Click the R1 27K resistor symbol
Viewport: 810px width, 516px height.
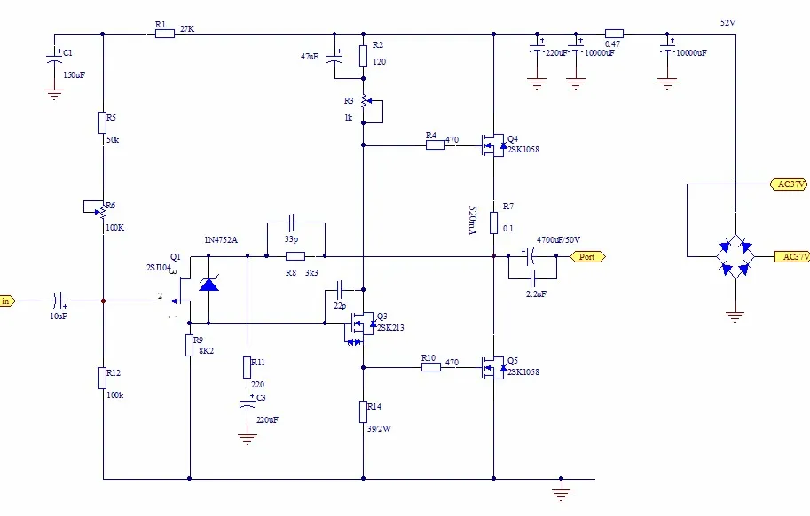tap(165, 35)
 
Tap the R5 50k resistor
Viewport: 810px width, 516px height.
tap(103, 121)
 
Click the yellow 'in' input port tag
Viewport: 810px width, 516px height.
tap(6, 301)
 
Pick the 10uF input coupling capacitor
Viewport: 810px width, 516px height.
tap(58, 301)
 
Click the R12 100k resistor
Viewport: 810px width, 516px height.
tap(103, 379)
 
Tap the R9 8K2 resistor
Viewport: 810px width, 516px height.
tap(189, 345)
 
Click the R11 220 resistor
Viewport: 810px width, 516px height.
tap(248, 367)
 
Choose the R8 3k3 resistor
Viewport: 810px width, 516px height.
tap(295, 256)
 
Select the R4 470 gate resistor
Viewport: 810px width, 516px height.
tap(435, 145)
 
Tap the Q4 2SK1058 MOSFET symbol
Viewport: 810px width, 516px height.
tap(490, 144)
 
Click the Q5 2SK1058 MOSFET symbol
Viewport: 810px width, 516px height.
tap(490, 365)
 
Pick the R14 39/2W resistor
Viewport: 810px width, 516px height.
tap(364, 411)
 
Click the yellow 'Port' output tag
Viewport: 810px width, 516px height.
tap(587, 256)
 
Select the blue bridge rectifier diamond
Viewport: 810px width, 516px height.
tap(735, 256)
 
